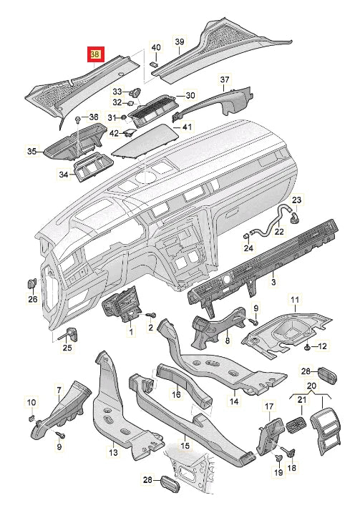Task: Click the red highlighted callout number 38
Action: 95,54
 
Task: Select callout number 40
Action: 156,47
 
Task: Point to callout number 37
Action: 225,79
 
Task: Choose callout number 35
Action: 31,152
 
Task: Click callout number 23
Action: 296,199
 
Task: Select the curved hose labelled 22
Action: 270,223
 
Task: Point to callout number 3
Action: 273,281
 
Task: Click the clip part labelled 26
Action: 31,283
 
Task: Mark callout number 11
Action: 295,299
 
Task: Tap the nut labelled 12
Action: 308,347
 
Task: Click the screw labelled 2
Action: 152,316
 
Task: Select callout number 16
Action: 176,394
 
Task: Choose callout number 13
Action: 113,453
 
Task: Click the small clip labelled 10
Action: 31,417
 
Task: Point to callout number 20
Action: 311,386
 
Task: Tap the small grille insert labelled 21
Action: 296,424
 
